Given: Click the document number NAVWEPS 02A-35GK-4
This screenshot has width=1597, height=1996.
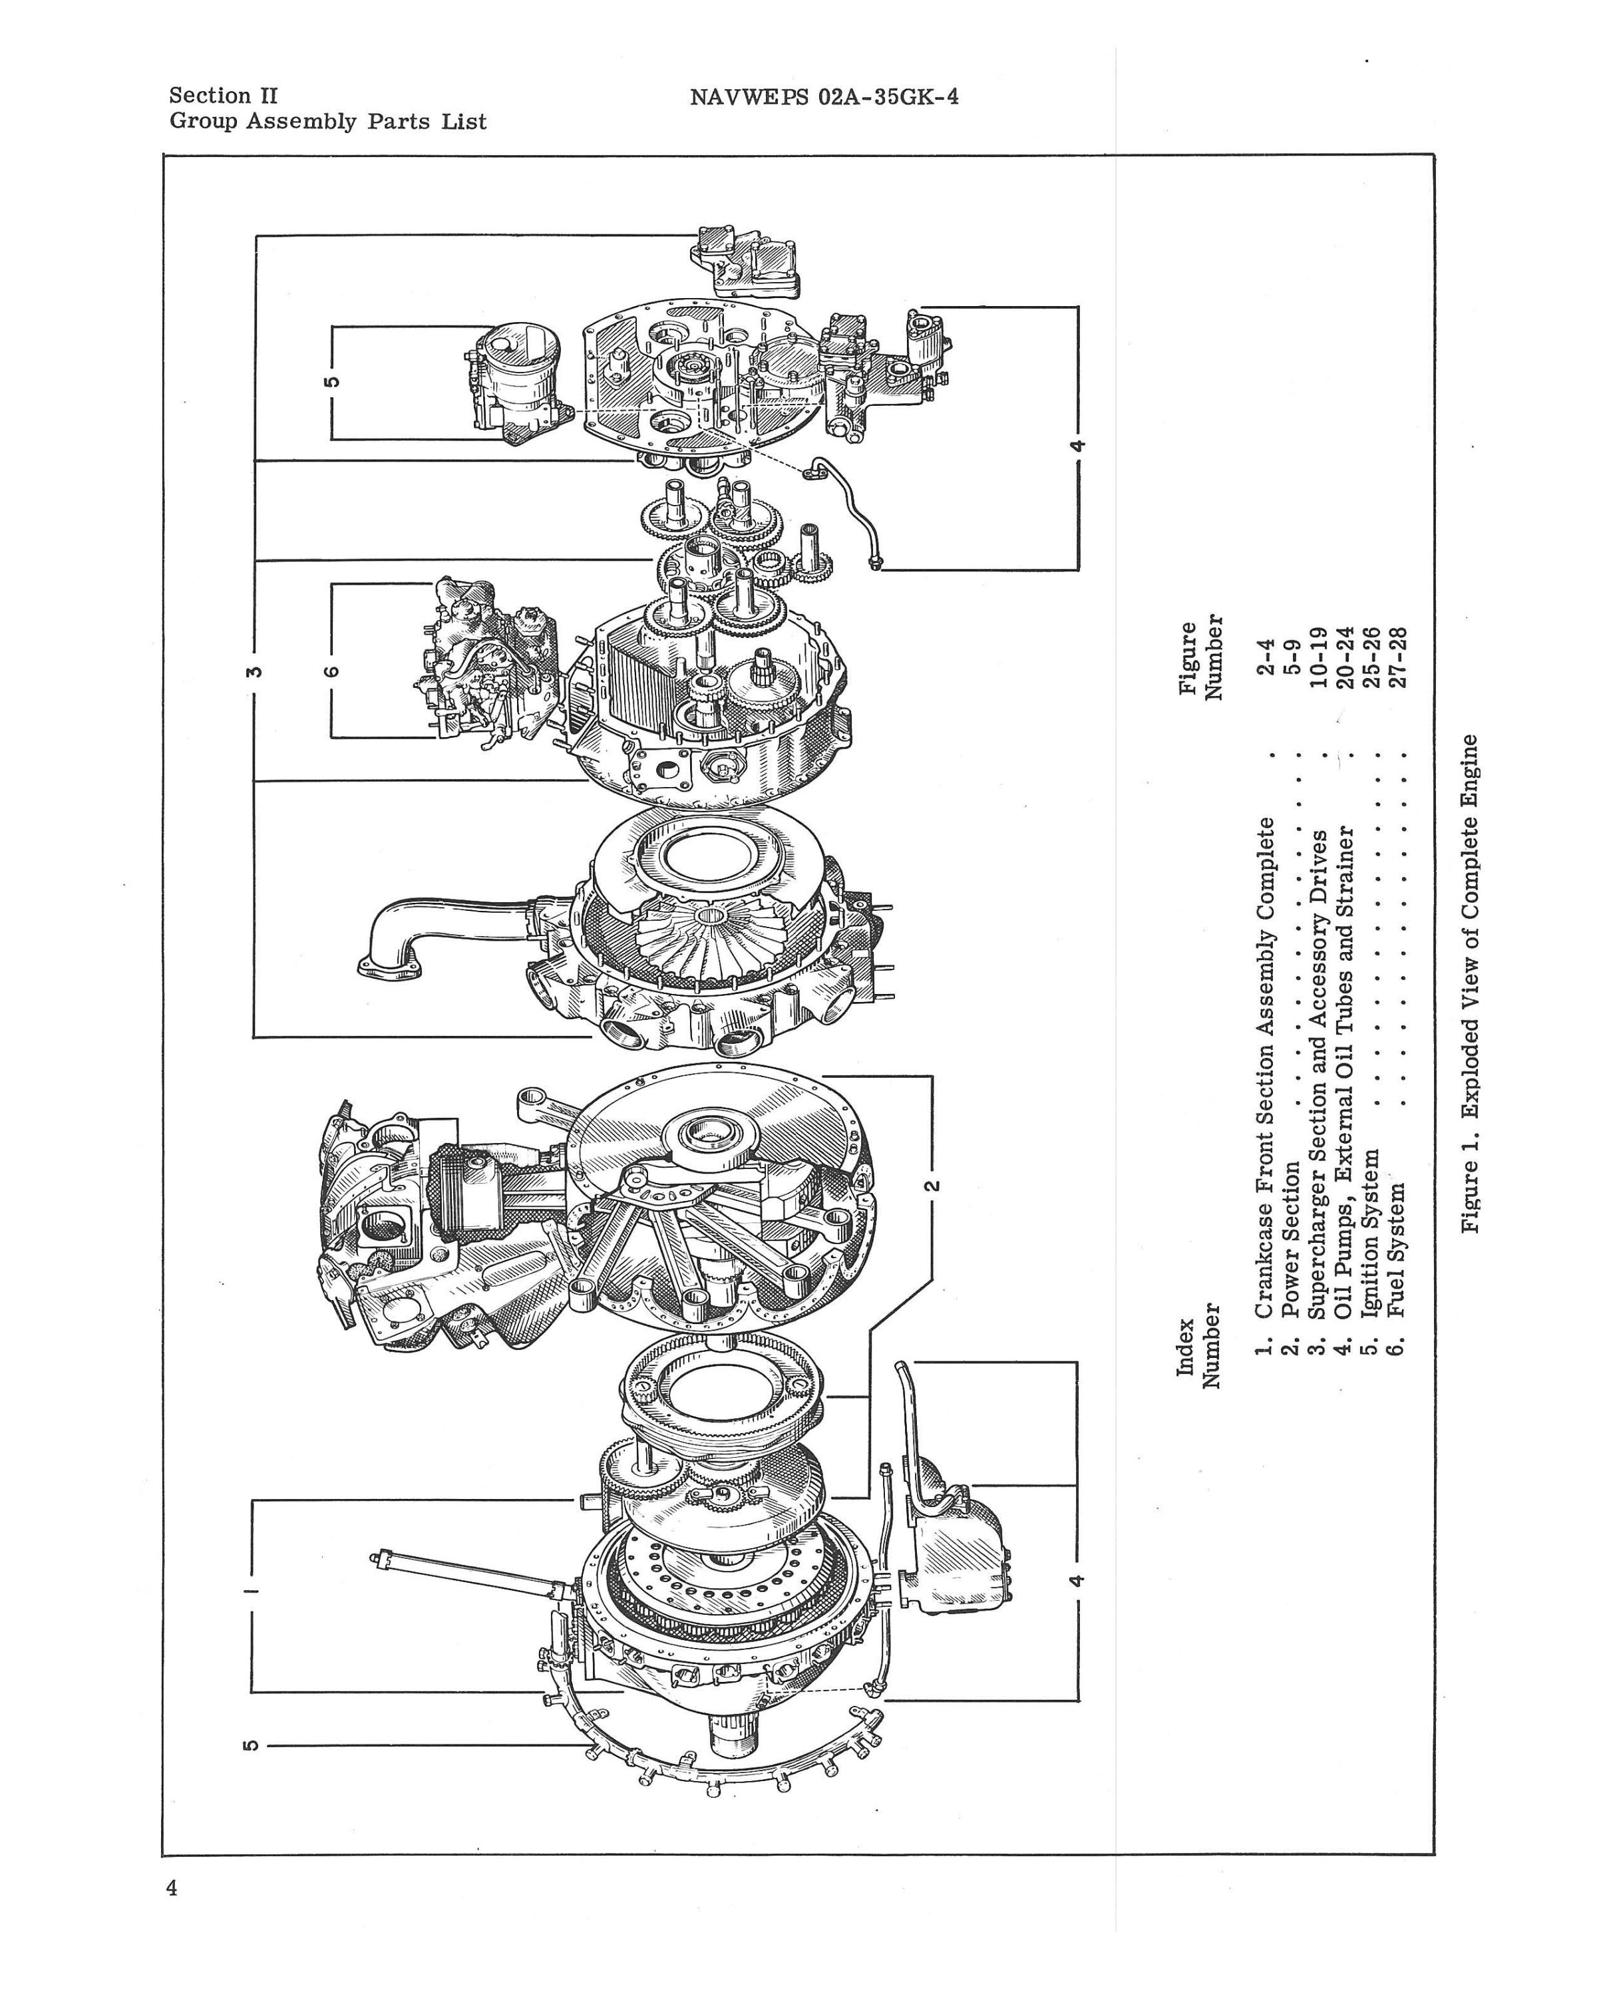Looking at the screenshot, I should (823, 96).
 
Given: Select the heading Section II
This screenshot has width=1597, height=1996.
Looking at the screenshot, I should (222, 95).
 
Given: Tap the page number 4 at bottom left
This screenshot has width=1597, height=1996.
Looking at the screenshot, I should (172, 1889).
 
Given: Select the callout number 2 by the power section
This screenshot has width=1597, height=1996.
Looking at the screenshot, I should (932, 1184).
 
